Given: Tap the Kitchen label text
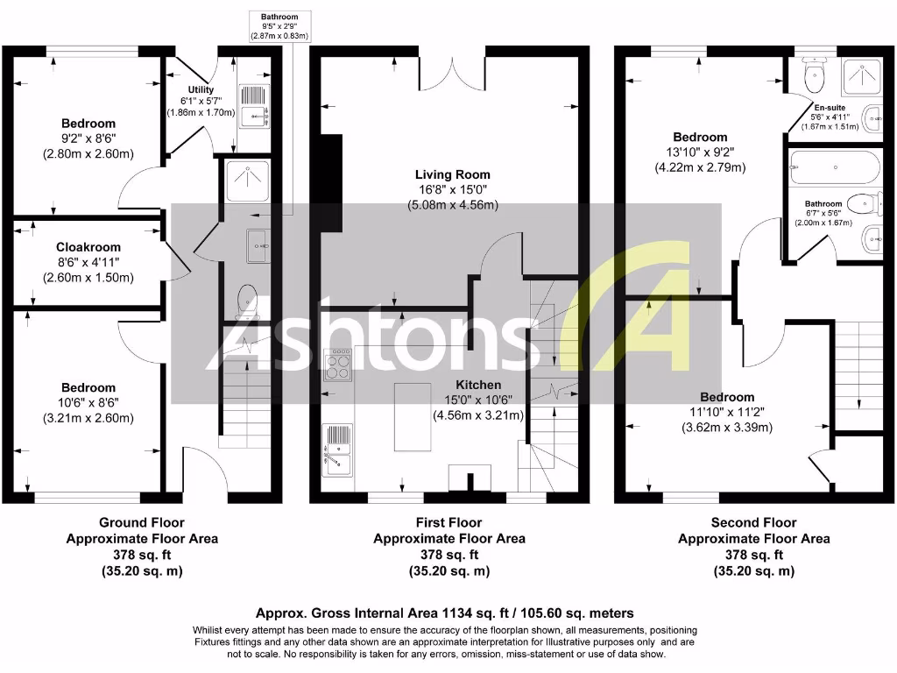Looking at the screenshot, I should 478,385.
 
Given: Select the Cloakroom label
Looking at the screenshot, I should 88,247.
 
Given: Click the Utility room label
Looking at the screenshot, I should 201,90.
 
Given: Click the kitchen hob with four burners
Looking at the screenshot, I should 337,365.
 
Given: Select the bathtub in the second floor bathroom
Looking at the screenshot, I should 835,166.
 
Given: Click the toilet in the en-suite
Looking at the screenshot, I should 816,75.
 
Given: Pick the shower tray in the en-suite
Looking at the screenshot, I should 862,76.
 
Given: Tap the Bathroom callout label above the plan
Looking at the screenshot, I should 279,17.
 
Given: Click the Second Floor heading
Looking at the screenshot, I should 753,522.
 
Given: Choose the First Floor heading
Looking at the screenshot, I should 448,522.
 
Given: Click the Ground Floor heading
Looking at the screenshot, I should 142,522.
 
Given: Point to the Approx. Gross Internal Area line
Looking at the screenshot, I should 444,613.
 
